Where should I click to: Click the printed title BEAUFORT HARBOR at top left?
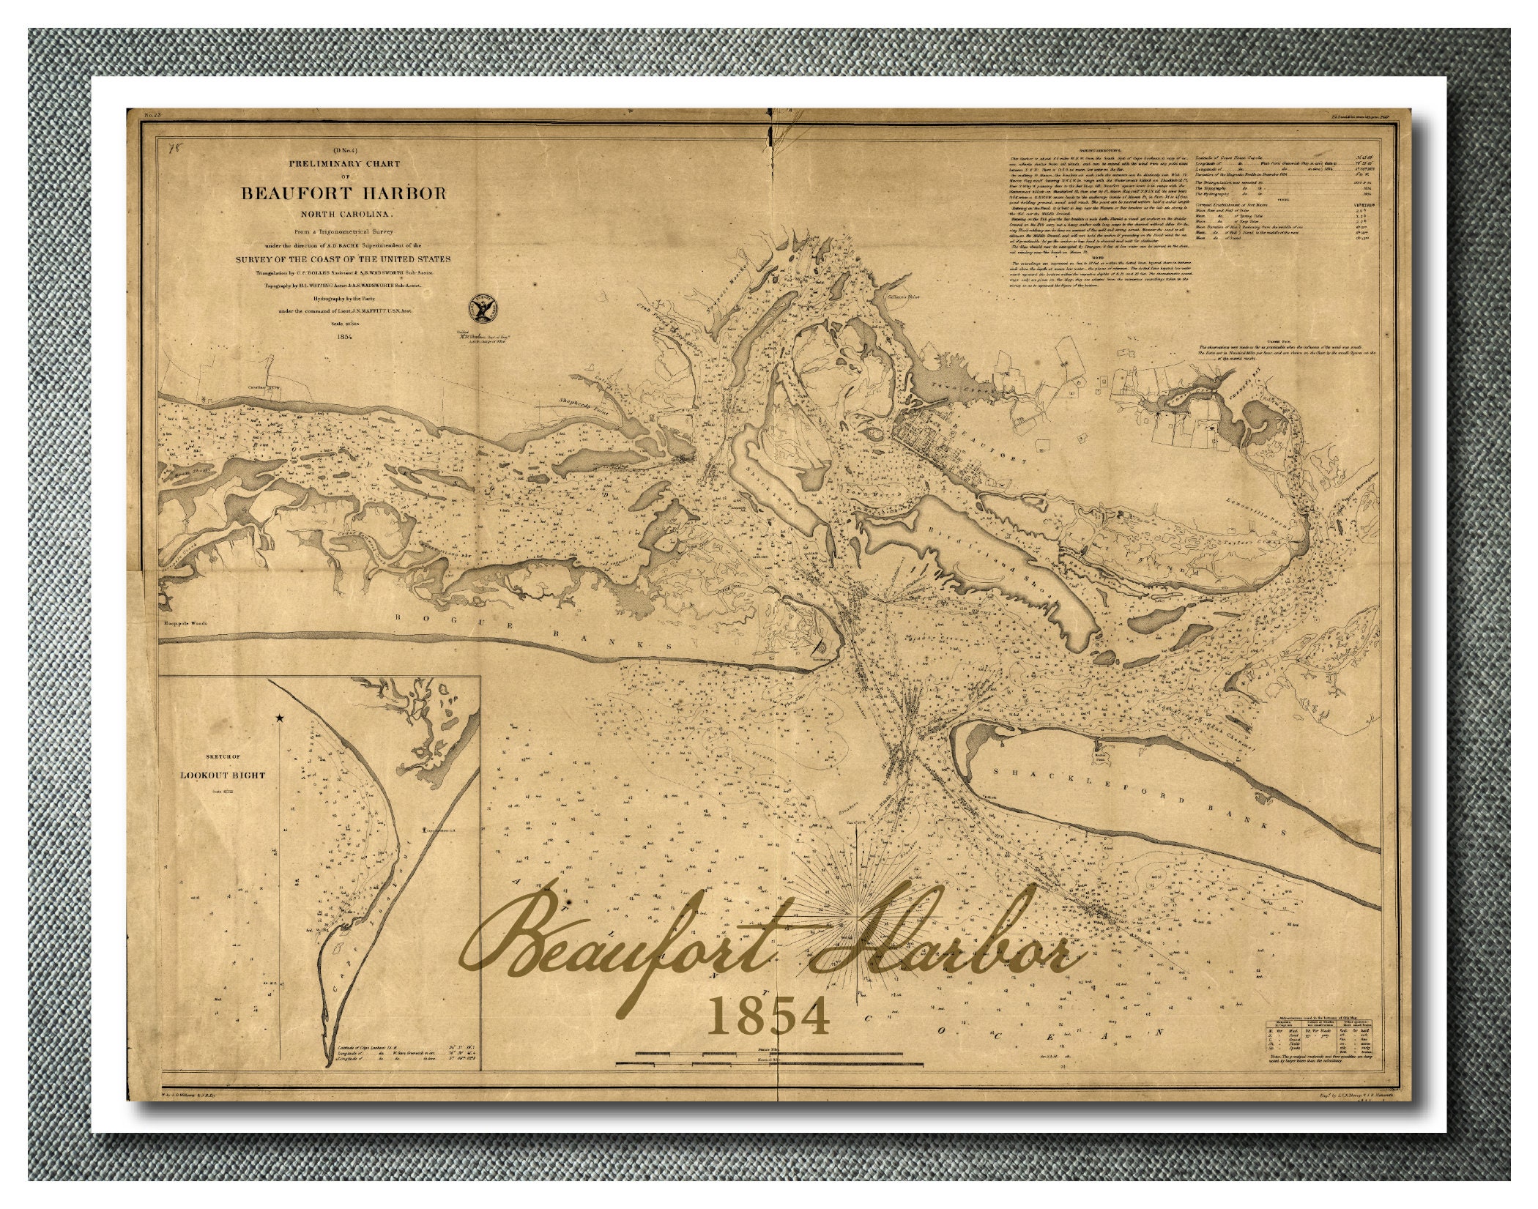click(343, 193)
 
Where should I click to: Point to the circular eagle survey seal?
click(483, 310)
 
